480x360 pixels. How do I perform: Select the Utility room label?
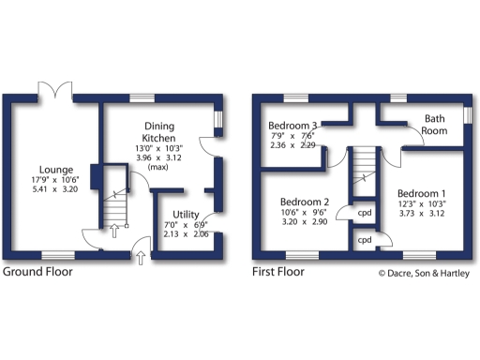[185, 215]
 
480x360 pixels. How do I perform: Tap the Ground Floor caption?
[38, 273]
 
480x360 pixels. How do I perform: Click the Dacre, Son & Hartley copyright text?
[424, 274]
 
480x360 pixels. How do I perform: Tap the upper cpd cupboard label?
[364, 212]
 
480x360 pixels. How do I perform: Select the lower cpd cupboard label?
[364, 240]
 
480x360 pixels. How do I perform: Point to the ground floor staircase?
[114, 199]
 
